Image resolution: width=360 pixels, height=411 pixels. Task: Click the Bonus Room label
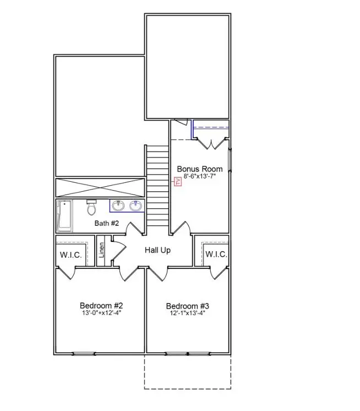[x=199, y=169]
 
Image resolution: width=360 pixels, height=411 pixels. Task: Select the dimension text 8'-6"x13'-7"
[x=199, y=177]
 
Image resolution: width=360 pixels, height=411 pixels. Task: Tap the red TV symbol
[x=178, y=182]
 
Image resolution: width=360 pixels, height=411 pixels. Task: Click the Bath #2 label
[x=107, y=223]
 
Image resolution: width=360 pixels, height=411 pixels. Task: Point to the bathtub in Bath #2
[x=64, y=216]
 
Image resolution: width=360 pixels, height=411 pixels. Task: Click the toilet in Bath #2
[x=91, y=208]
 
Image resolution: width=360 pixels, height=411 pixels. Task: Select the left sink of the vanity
[x=117, y=206]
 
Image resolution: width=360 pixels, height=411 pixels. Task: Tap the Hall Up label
[x=157, y=250]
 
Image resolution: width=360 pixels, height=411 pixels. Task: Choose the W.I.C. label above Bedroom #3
[x=216, y=254]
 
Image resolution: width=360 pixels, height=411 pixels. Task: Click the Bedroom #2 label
[x=101, y=305]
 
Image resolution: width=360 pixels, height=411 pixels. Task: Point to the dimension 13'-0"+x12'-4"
[x=101, y=313]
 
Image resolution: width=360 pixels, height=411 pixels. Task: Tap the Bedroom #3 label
[x=188, y=306]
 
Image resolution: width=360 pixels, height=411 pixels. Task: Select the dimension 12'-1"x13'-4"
[x=188, y=313]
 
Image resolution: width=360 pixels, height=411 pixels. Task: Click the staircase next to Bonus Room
[x=156, y=185]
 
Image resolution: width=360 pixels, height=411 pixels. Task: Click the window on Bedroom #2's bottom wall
[x=84, y=353]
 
